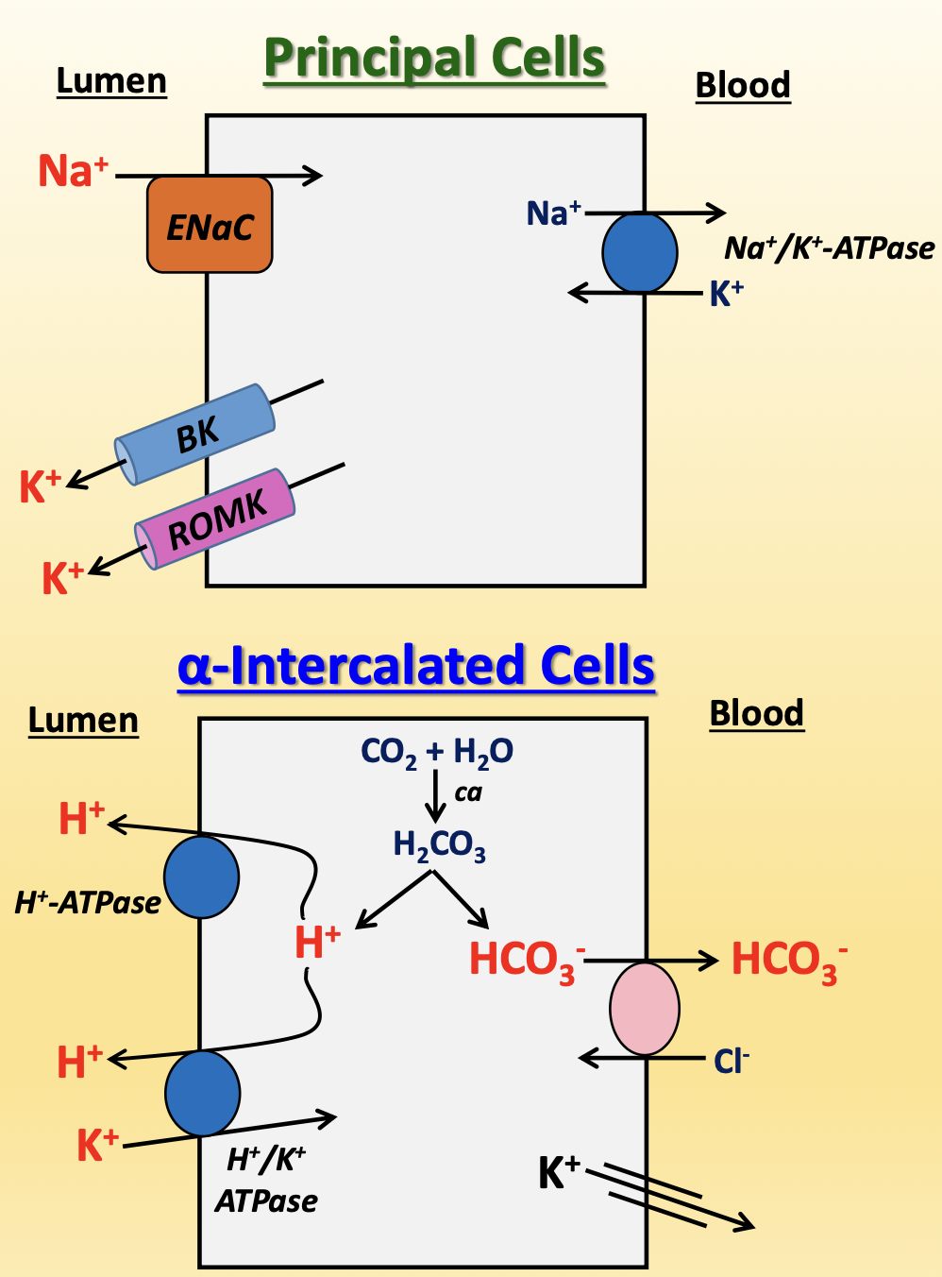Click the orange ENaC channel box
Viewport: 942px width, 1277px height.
click(x=210, y=225)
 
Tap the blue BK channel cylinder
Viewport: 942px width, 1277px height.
click(x=195, y=434)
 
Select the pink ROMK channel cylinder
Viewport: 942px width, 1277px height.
click(x=215, y=519)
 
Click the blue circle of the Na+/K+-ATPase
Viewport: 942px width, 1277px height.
click(x=640, y=252)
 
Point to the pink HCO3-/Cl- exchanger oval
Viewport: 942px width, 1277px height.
click(x=645, y=1008)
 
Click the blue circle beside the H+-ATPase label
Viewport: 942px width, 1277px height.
click(x=201, y=877)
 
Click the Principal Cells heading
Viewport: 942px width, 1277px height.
click(x=434, y=59)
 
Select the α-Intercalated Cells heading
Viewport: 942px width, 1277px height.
click(x=415, y=666)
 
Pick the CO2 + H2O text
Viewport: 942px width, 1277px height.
click(x=436, y=753)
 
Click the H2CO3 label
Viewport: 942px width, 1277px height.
click(x=439, y=845)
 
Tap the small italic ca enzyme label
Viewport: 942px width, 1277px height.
click(x=467, y=792)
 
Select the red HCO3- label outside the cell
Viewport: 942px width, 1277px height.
click(x=788, y=961)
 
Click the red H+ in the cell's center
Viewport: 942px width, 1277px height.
click(x=317, y=943)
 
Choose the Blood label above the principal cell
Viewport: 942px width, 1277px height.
click(x=743, y=85)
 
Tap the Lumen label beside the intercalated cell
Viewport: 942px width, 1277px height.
click(x=83, y=721)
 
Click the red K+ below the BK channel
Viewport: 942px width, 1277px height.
click(x=40, y=487)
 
